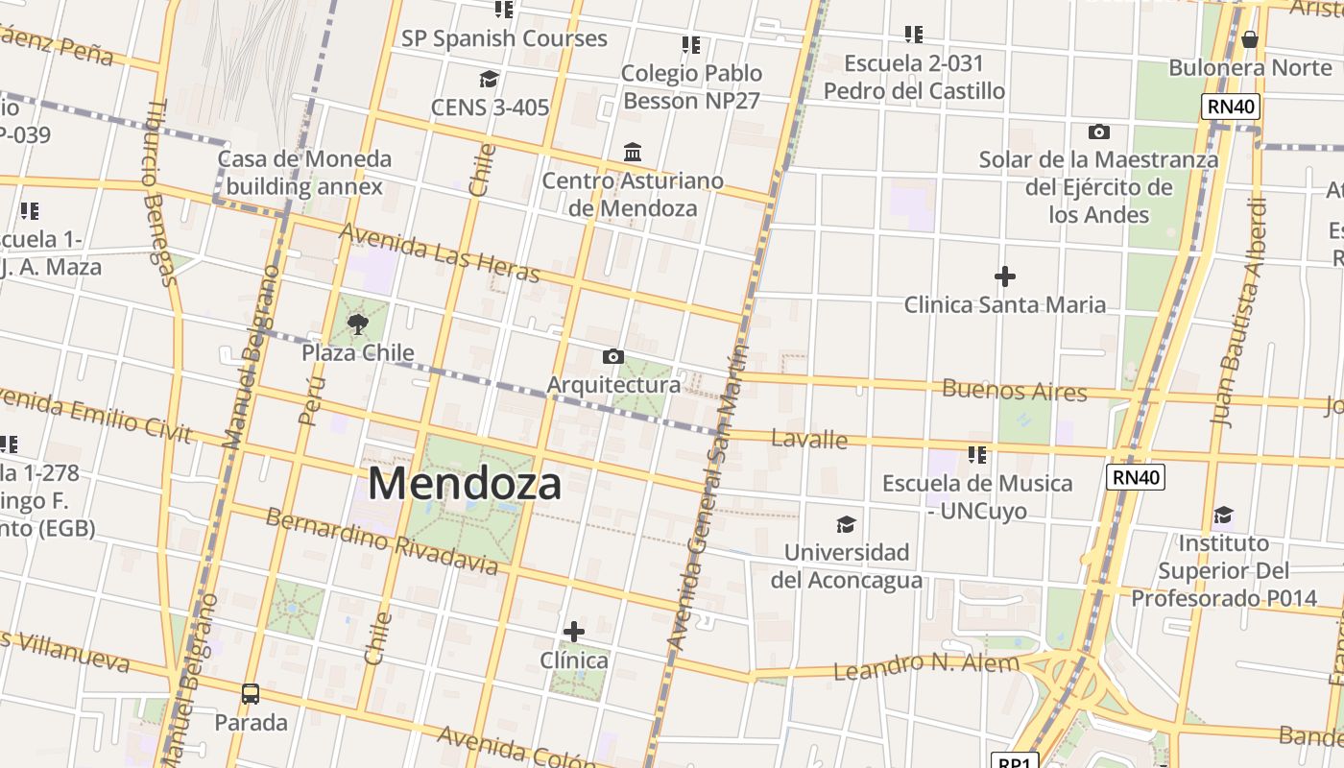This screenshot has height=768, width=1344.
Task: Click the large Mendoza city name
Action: point(465,483)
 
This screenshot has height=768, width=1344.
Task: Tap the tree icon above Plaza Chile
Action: point(358,324)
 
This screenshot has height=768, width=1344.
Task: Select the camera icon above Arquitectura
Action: point(612,357)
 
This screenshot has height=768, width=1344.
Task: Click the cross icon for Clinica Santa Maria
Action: point(1005,276)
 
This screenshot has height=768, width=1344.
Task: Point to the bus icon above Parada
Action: point(251,693)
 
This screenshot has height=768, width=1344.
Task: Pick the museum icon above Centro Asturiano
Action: point(633,152)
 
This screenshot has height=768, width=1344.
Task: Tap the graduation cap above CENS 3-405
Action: point(490,79)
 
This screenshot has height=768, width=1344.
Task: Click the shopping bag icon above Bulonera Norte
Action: point(1249,39)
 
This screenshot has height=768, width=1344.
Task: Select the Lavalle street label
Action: point(809,440)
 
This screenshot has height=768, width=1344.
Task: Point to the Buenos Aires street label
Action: point(1015,391)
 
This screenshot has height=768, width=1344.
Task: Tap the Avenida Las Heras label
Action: point(439,253)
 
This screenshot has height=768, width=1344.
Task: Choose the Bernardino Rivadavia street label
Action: point(382,541)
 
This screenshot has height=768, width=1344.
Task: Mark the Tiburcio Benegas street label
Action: point(158,192)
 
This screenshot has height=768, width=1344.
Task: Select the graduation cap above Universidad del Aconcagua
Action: point(846,524)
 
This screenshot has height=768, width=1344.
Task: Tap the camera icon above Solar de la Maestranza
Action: point(1099,132)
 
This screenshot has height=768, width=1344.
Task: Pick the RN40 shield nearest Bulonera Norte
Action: point(1231,107)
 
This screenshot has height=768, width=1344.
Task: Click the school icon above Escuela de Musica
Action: point(977,454)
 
